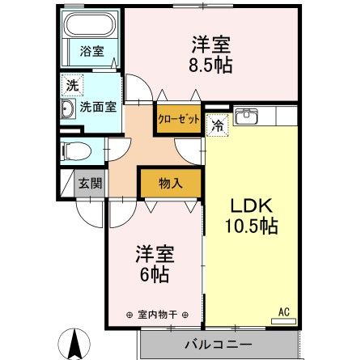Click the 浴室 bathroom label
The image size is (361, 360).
point(90,50)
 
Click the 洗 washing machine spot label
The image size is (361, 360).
point(72,84)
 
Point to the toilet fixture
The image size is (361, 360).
point(78,150)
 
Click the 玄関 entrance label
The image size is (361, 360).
point(90,183)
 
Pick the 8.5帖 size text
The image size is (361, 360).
point(212,65)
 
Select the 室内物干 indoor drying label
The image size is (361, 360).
point(157,314)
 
